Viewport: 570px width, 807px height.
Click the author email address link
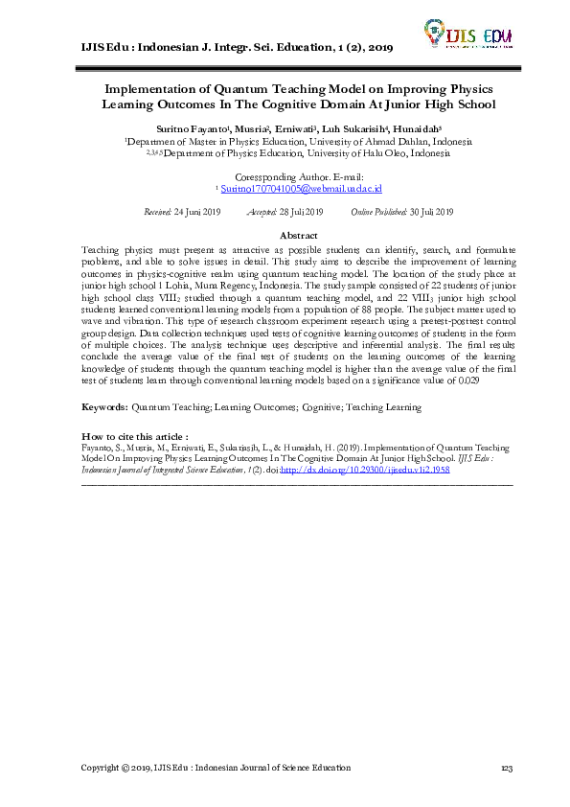tap(302, 191)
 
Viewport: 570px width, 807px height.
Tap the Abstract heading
tap(298, 235)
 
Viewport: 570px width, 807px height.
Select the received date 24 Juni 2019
tap(199, 212)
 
